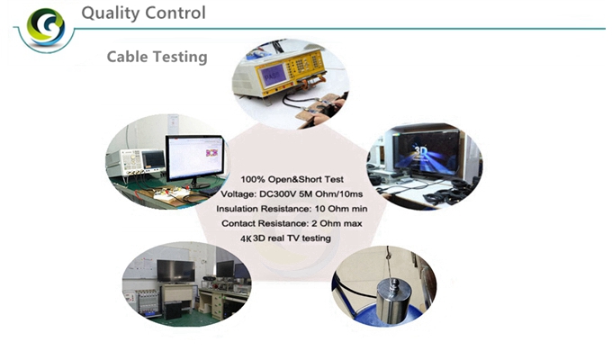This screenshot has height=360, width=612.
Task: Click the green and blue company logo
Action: pos(46,27)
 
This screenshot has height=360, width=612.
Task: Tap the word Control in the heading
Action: pos(175,13)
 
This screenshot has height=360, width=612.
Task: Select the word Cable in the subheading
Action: pos(128,57)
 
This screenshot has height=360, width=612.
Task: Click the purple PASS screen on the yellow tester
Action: pos(274,75)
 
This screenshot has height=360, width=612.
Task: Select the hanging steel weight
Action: pos(392,300)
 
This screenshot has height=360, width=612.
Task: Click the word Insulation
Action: pos(237,209)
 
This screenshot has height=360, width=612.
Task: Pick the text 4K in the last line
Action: pos(247,239)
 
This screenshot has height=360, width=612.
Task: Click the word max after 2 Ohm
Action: pos(353,224)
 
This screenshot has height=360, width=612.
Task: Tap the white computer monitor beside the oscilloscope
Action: pos(195,158)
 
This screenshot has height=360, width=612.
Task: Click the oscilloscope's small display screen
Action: pos(153,159)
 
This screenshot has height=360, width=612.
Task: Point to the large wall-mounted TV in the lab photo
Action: pos(175,271)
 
